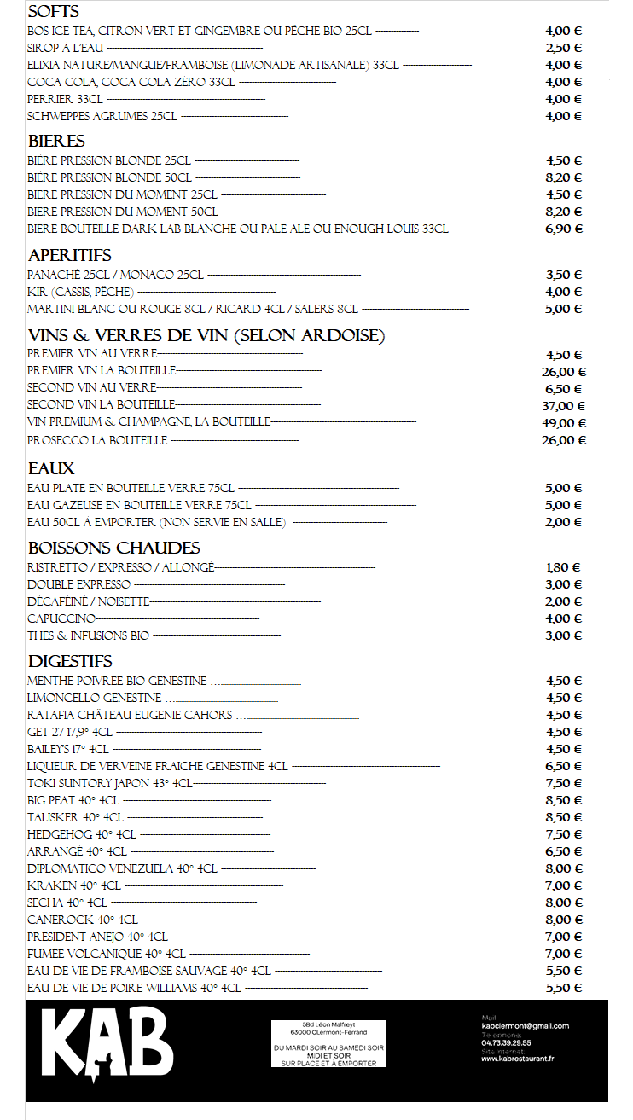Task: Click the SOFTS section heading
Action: (54, 12)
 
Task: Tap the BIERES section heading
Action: (56, 141)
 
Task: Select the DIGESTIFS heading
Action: (70, 661)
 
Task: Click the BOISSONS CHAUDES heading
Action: (113, 548)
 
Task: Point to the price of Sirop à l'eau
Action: (563, 48)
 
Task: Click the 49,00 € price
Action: (564, 423)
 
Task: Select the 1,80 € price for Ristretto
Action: (563, 567)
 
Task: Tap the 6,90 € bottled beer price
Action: (563, 229)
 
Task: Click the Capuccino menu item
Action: (61, 618)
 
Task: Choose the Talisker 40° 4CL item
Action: (75, 817)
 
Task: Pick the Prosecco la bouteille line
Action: (97, 440)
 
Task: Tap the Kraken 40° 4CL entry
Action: (73, 885)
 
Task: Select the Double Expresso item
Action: (78, 584)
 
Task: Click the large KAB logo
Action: (107, 1045)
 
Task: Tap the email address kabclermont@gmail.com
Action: (525, 1026)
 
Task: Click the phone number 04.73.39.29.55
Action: (506, 1042)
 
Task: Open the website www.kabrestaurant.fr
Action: (517, 1059)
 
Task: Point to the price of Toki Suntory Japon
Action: (563, 783)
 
